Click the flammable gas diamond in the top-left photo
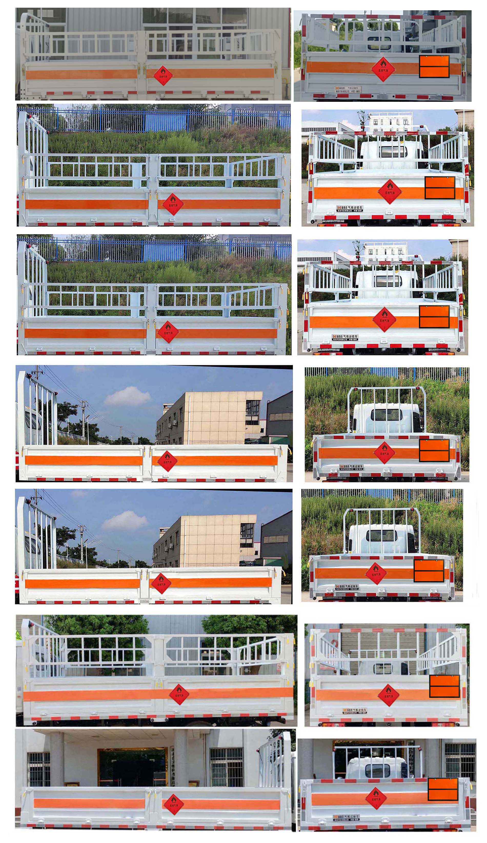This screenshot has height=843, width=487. pos(163,75)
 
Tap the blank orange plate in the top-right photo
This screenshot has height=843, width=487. pos(434,67)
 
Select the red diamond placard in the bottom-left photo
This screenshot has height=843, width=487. pos(174,805)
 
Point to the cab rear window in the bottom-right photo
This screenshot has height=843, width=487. pos(377,771)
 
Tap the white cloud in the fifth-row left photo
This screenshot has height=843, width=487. pos(124,521)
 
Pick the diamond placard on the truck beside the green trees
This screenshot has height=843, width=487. pos(179,695)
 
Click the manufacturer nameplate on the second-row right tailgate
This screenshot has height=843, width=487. pos(350,209)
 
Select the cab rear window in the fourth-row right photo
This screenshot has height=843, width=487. pos(386,415)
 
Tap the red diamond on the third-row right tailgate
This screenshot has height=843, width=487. pos(384,319)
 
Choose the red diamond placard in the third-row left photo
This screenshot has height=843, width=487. pos(168,332)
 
